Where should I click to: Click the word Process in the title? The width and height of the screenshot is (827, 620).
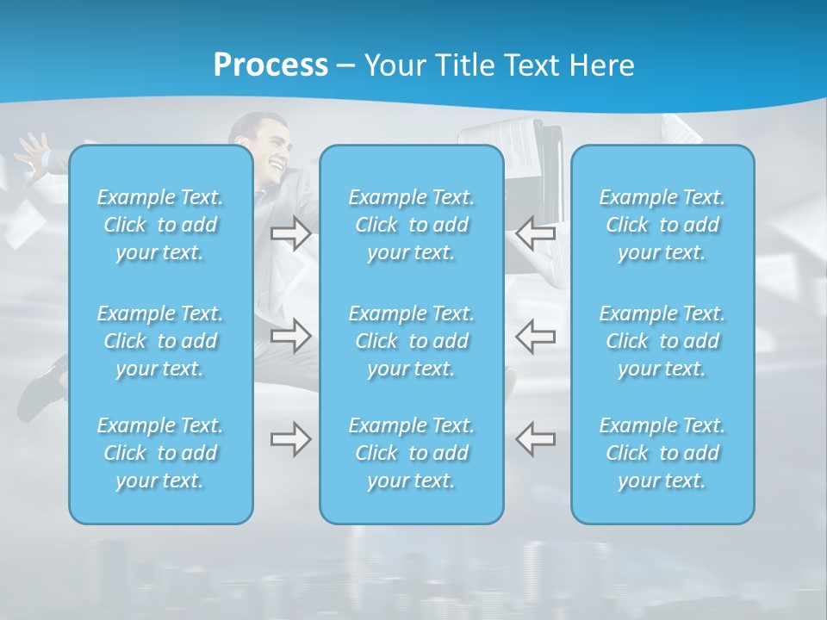pyautogui.click(x=270, y=65)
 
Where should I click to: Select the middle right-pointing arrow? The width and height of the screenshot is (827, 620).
pyautogui.click(x=291, y=336)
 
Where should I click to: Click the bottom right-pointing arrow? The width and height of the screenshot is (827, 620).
pyautogui.click(x=291, y=439)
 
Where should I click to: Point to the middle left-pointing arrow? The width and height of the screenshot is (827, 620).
pyautogui.click(x=535, y=336)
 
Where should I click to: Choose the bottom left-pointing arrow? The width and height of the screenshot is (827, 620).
pyautogui.click(x=535, y=439)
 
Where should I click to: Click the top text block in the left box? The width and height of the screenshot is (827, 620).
pyautogui.click(x=160, y=225)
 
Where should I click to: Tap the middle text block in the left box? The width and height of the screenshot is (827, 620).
pyautogui.click(x=160, y=341)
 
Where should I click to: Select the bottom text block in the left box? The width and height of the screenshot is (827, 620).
pyautogui.click(x=160, y=453)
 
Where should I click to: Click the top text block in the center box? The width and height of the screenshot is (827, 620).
pyautogui.click(x=412, y=225)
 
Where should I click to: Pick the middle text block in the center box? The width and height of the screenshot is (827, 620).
pyautogui.click(x=412, y=341)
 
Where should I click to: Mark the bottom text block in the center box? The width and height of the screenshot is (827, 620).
pyautogui.click(x=412, y=453)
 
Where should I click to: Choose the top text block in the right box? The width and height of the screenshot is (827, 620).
pyautogui.click(x=662, y=225)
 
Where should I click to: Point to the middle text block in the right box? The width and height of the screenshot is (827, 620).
pyautogui.click(x=662, y=341)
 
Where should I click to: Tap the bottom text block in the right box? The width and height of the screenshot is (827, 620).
pyautogui.click(x=662, y=453)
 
